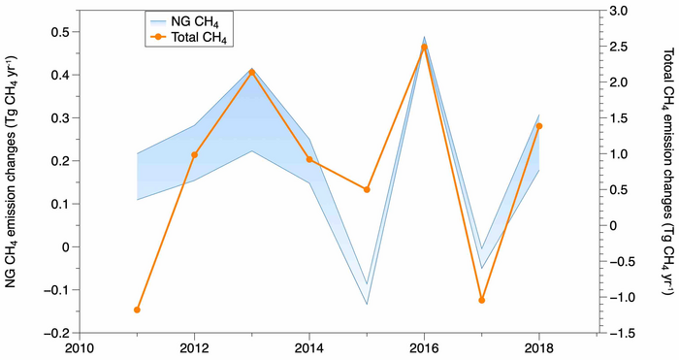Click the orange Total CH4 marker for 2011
tap(137, 310)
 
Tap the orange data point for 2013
tap(251, 72)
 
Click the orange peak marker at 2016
tap(424, 47)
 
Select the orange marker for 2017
tap(481, 300)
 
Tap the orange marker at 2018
tap(539, 126)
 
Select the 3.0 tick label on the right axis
tap(624, 11)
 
